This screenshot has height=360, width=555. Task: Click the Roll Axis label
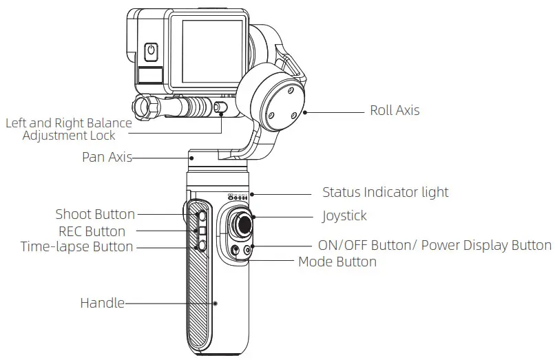click(394, 110)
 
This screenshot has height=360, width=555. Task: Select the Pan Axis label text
click(106, 157)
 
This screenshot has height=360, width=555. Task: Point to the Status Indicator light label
click(385, 192)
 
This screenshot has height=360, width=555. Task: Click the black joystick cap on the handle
click(243, 223)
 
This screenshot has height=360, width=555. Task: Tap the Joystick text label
click(344, 216)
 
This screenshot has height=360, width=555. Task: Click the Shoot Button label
click(95, 214)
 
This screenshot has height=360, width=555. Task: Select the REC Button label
click(92, 231)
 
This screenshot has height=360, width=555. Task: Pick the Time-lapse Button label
click(76, 246)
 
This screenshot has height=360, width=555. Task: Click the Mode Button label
click(337, 262)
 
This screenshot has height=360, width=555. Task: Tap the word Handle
click(103, 302)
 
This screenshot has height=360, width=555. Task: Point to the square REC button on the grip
click(202, 231)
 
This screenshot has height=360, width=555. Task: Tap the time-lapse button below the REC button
click(202, 245)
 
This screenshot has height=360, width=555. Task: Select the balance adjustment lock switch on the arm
click(220, 107)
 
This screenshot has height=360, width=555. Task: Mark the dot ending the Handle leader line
click(215, 302)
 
